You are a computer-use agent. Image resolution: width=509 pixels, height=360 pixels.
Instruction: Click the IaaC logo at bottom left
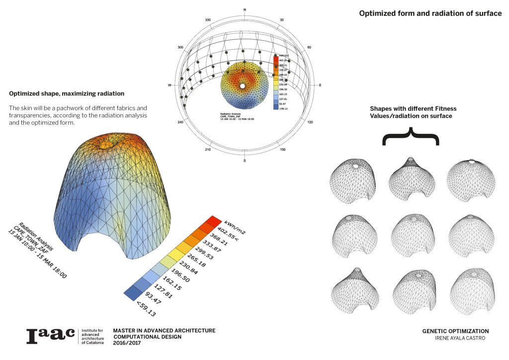pos(50,336)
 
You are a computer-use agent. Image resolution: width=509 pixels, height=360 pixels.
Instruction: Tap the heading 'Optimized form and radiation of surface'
pos(430,13)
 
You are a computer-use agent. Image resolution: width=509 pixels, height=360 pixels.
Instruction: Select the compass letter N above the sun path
pos(245,10)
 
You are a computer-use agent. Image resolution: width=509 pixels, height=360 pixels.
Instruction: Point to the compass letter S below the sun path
pos(245,161)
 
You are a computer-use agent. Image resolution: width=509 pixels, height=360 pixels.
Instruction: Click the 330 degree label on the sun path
pos(208,20)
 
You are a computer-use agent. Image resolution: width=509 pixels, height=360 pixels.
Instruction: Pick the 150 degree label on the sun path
pos(282,150)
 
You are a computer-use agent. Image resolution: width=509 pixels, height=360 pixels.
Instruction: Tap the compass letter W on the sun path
pos(170,86)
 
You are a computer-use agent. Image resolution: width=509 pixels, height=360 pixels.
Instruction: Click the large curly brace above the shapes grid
pos(411,135)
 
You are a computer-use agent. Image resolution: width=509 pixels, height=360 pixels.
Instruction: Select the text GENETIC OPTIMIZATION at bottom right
pos(455,331)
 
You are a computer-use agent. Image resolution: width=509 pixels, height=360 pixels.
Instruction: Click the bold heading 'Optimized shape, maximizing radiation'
pos(67,93)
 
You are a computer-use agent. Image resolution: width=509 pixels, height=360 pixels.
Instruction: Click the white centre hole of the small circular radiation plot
pos(242,86)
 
